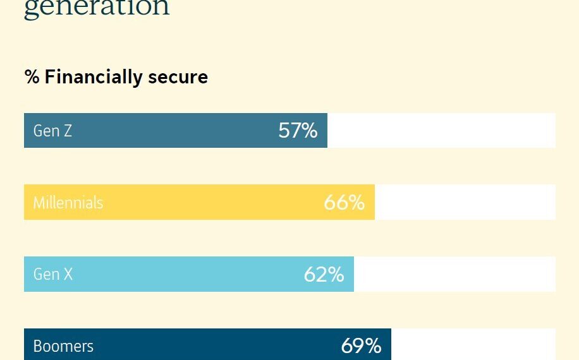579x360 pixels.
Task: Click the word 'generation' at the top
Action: [x=97, y=8]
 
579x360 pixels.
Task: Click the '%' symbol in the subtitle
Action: [x=32, y=77]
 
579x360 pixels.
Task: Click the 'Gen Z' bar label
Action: [x=52, y=131]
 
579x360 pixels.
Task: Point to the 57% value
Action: [x=298, y=131]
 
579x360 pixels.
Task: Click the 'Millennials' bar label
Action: [x=68, y=203]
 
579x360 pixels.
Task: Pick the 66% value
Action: [x=344, y=203]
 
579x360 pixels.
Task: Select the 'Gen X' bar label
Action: [x=52, y=274]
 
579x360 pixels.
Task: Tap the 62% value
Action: [x=324, y=274]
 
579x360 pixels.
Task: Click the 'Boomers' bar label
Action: [x=63, y=346]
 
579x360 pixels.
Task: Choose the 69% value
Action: [x=361, y=346]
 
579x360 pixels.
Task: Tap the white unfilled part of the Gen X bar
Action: [x=454, y=274]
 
